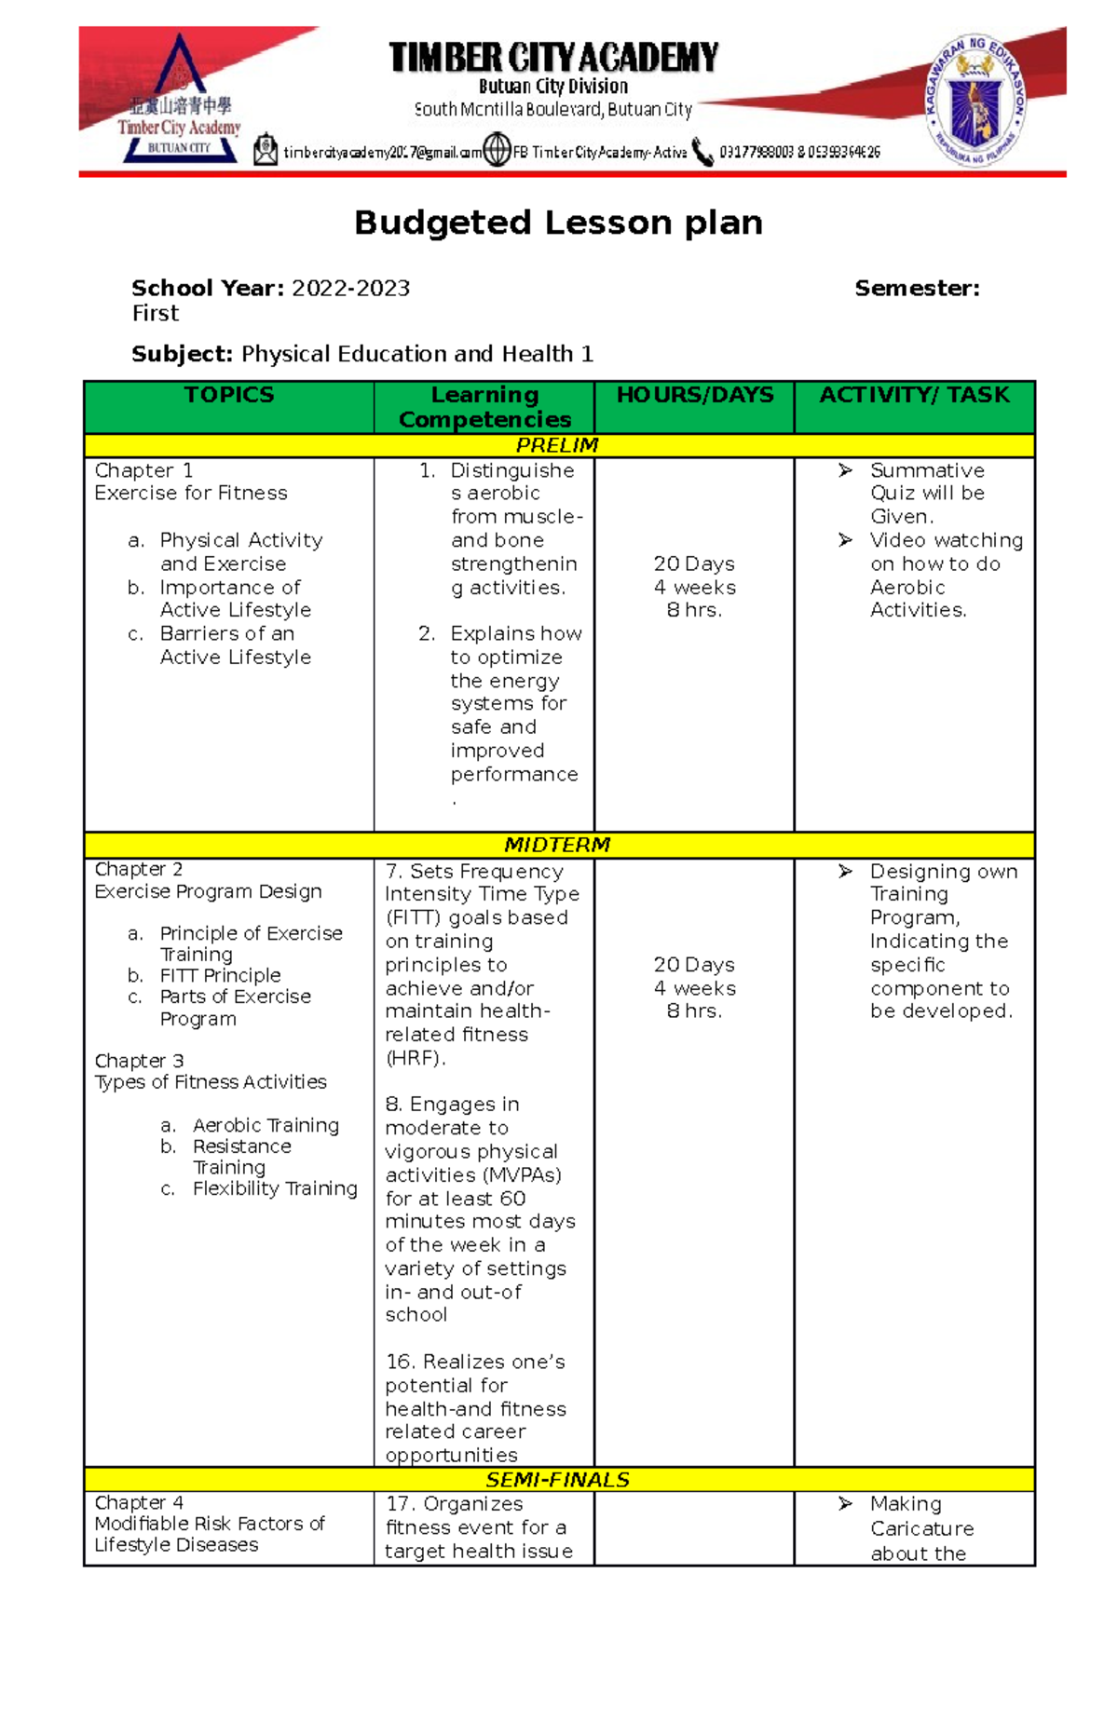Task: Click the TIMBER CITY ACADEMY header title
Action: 553,58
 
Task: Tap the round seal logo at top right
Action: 975,101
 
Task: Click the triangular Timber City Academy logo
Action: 179,101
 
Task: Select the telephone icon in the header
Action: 702,152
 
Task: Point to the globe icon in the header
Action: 498,150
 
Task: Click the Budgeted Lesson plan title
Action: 558,223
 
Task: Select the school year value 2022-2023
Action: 350,289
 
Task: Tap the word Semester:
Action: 917,289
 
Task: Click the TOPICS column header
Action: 229,395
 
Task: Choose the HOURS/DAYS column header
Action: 695,395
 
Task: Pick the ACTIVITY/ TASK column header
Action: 914,395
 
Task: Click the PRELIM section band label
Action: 557,445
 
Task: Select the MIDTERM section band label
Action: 557,845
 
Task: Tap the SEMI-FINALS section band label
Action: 557,1480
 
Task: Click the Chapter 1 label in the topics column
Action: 143,470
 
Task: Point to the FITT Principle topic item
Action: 220,975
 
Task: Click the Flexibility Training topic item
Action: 275,1188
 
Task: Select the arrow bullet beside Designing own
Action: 845,872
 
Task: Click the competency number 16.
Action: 399,1362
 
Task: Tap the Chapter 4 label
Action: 139,1502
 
